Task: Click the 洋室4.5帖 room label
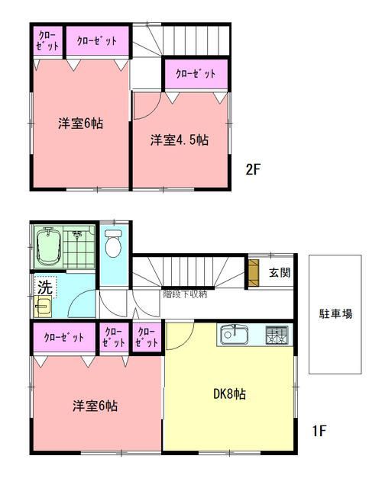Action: pos(180,140)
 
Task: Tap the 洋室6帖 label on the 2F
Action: pos(80,124)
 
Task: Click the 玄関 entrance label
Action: pos(280,272)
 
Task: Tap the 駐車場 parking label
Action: pos(335,313)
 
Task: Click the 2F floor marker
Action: pos(254,170)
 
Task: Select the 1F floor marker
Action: pos(319,432)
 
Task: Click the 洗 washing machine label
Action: pos(44,287)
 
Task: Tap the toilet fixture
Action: pos(113,243)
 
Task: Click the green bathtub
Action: pos(47,246)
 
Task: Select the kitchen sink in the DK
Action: pos(233,335)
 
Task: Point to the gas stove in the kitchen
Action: pos(277,335)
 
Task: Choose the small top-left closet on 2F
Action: pos(47,41)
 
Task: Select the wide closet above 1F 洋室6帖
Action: pos(64,337)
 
